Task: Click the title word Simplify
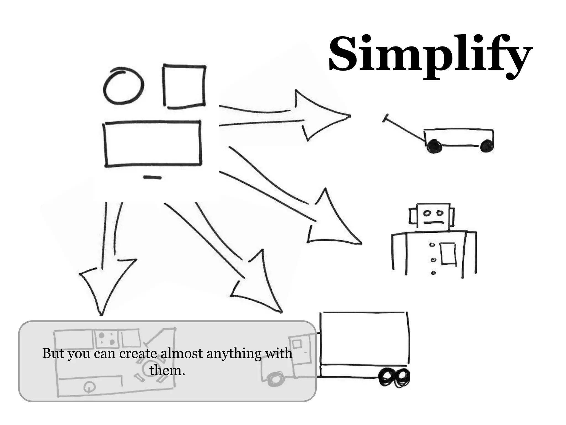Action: click(430, 55)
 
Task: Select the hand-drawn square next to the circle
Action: click(184, 86)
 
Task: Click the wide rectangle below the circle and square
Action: click(153, 144)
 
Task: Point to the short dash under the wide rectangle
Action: click(152, 177)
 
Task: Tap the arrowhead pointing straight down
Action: click(105, 282)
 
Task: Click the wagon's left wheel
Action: click(434, 147)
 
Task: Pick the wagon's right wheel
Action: click(487, 146)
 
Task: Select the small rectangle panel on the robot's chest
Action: click(448, 253)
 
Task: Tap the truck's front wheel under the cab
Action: click(275, 379)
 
